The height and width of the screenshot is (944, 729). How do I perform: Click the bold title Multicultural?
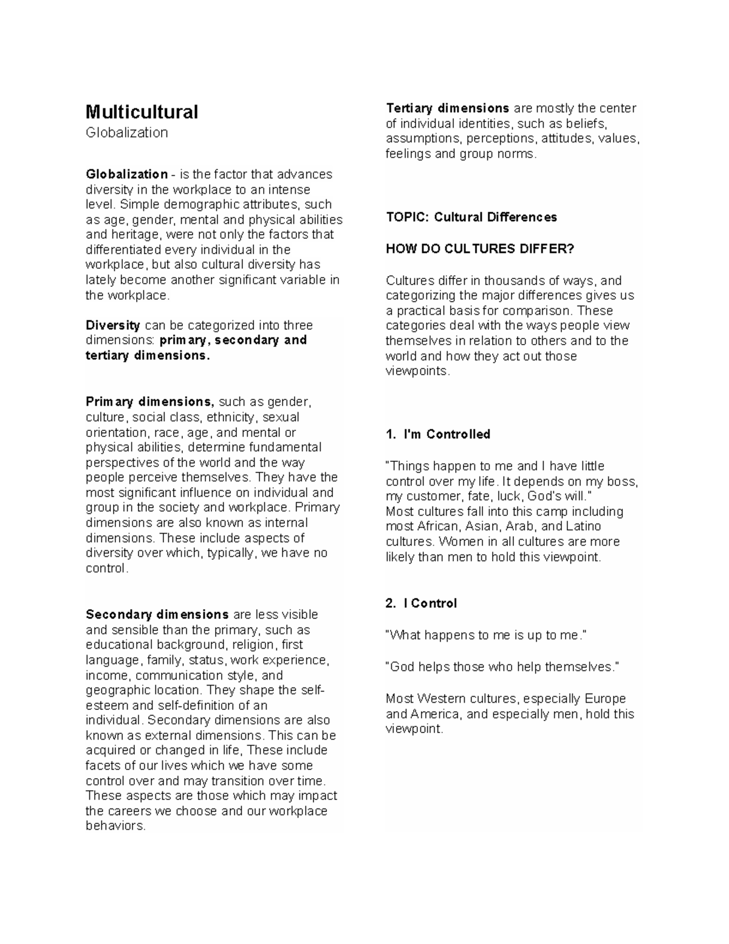(142, 112)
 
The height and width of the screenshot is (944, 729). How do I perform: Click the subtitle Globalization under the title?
(126, 133)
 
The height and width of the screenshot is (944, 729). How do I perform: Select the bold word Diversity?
(113, 325)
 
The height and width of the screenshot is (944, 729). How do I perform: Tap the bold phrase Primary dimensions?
(150, 402)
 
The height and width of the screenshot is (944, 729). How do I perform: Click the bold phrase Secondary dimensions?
(157, 615)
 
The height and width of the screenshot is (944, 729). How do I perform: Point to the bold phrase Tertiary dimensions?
(448, 108)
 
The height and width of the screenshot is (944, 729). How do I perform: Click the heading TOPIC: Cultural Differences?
(471, 217)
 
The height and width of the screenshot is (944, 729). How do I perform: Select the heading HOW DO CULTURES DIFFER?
(480, 249)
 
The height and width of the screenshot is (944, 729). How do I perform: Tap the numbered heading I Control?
(434, 603)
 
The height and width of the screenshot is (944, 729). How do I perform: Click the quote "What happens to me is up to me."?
(487, 635)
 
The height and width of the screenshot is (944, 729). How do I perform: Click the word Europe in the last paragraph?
(605, 698)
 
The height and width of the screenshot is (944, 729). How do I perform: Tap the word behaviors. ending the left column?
(115, 826)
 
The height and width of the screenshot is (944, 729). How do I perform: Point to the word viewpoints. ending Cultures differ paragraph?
(418, 371)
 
